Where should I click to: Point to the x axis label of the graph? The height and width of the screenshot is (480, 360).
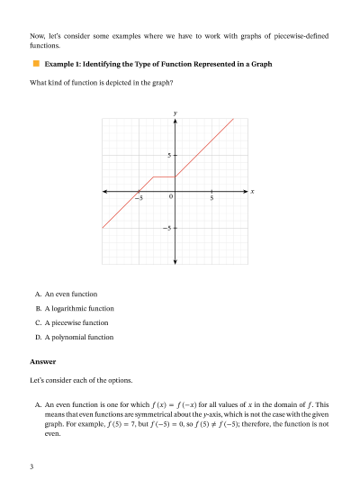pyautogui.click(x=253, y=192)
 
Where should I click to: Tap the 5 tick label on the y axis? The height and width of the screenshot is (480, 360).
pyautogui.click(x=168, y=156)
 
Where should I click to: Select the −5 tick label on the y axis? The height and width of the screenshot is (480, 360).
pyautogui.click(x=166, y=228)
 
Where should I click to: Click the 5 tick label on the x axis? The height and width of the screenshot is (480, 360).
pyautogui.click(x=211, y=197)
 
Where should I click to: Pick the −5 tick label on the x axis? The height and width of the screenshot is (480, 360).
pyautogui.click(x=138, y=197)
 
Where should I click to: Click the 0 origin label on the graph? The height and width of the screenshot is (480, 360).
pyautogui.click(x=170, y=196)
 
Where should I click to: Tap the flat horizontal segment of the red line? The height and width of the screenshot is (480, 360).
pyautogui.click(x=165, y=177)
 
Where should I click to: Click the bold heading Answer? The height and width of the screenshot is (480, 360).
pyautogui.click(x=43, y=362)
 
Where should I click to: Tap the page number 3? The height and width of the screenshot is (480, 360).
pyautogui.click(x=31, y=466)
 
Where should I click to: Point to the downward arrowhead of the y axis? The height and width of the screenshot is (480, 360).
pyautogui.click(x=175, y=262)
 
